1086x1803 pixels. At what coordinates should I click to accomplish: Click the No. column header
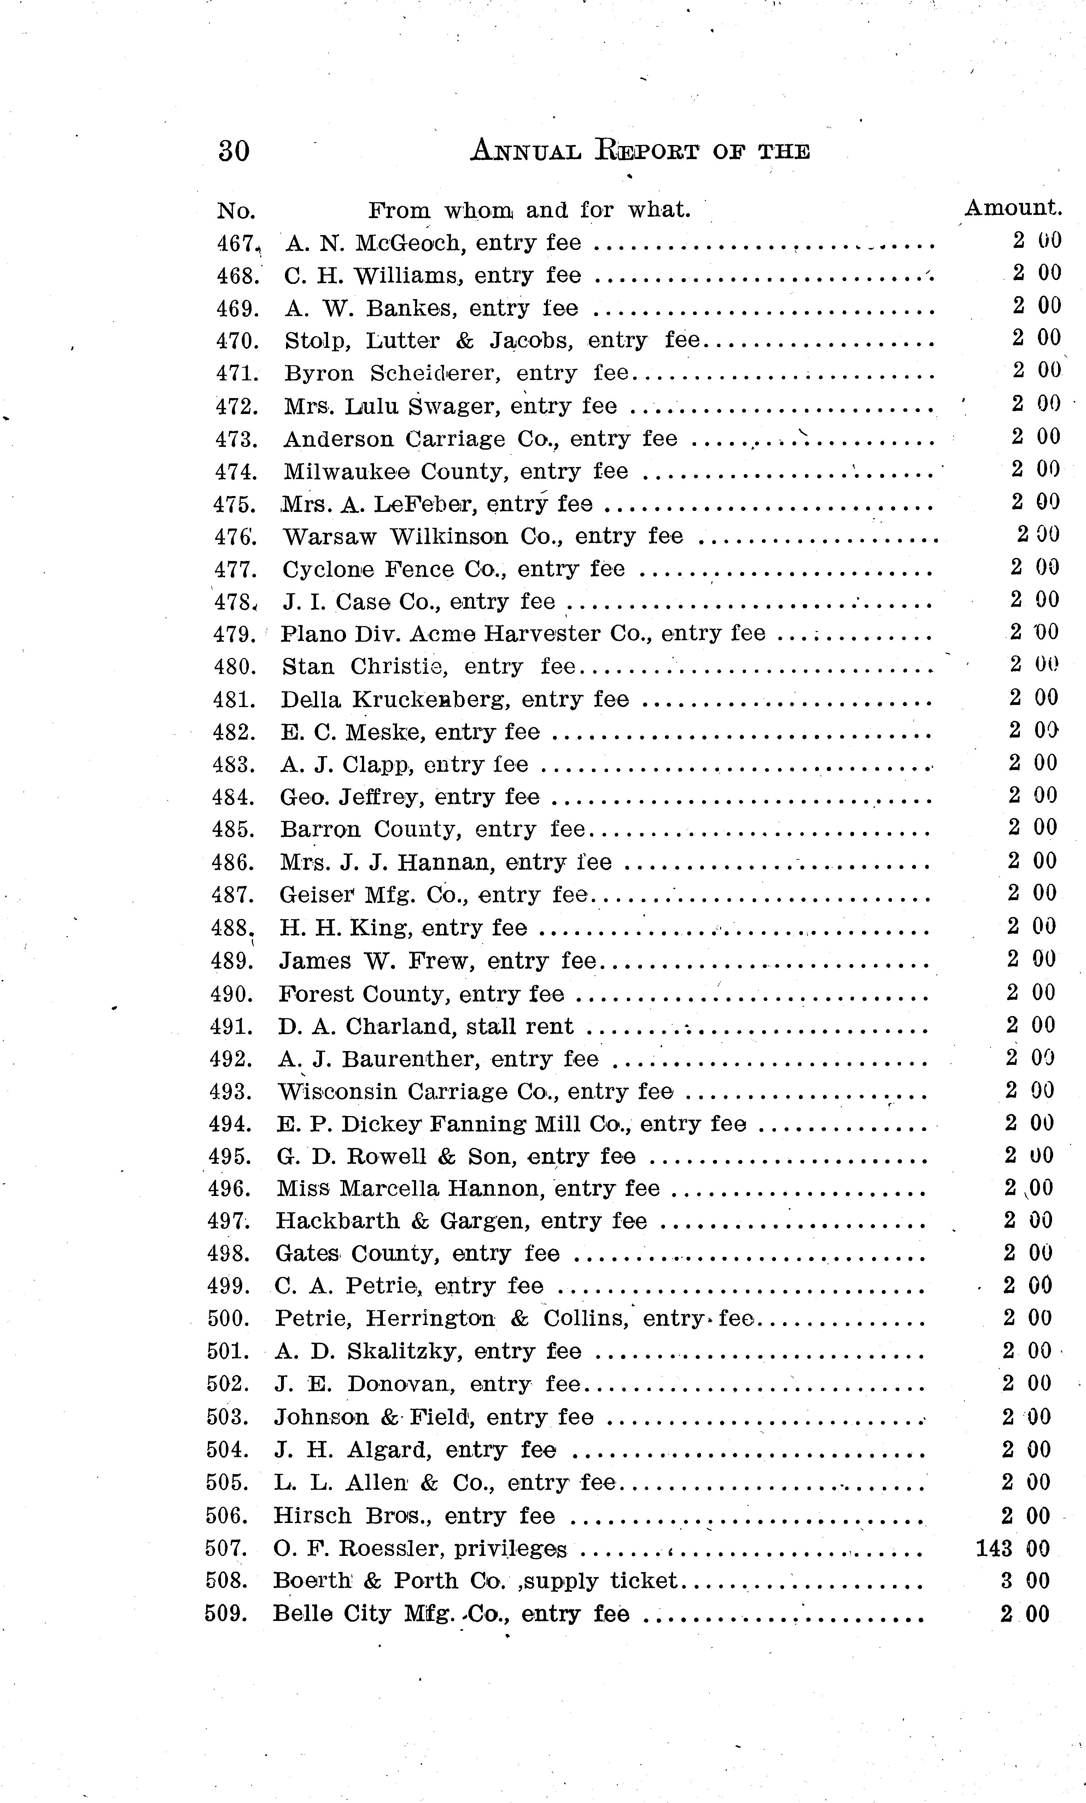tap(236, 211)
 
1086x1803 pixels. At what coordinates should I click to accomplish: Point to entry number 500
tap(228, 1319)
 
